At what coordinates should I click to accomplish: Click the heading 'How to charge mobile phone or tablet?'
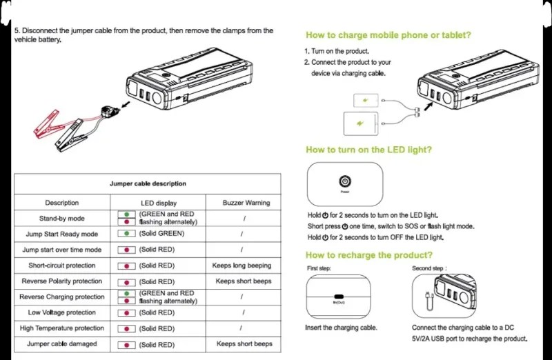pyautogui.click(x=388, y=35)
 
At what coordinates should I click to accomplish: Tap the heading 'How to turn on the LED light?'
pyautogui.click(x=369, y=150)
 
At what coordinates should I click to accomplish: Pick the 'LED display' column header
pyautogui.click(x=159, y=203)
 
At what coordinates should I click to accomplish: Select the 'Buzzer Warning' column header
pyautogui.click(x=246, y=203)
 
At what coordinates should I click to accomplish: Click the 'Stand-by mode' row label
pyautogui.click(x=61, y=219)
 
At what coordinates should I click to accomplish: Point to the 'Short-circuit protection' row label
pyautogui.click(x=61, y=266)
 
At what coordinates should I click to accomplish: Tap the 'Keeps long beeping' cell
pyautogui.click(x=244, y=266)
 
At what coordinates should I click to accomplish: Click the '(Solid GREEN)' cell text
pyautogui.click(x=161, y=234)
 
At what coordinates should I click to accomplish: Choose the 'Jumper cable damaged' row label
pyautogui.click(x=61, y=344)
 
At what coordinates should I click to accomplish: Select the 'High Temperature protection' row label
pyautogui.click(x=61, y=328)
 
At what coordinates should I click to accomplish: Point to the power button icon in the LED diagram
pyautogui.click(x=344, y=181)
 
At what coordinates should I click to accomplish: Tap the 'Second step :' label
pyautogui.click(x=430, y=268)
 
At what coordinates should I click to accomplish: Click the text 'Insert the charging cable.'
pyautogui.click(x=341, y=328)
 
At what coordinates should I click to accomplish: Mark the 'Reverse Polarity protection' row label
pyautogui.click(x=61, y=281)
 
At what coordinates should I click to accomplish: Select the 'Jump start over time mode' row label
pyautogui.click(x=61, y=250)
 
